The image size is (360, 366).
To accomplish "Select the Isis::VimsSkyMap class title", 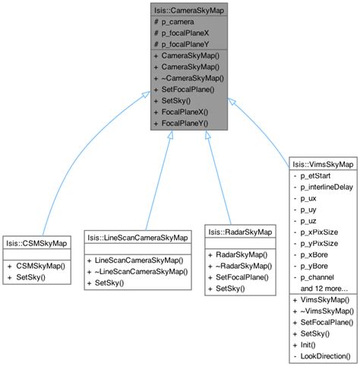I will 322,163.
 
